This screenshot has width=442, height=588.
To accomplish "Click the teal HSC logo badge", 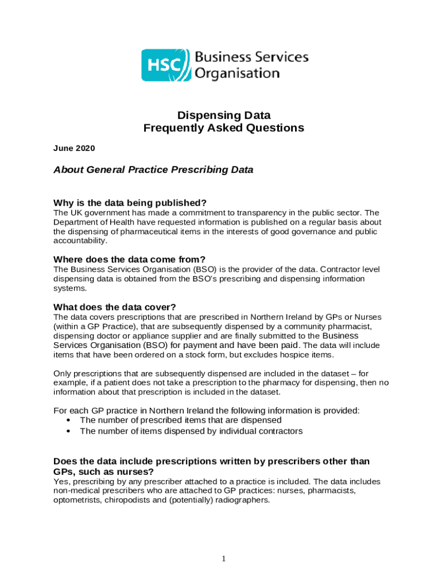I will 165,65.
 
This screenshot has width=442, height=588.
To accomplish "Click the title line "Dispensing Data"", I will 223,115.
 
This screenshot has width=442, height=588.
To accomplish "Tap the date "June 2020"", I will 74,148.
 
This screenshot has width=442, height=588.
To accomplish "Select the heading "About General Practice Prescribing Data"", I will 153,170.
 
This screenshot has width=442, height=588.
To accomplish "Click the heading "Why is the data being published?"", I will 130,203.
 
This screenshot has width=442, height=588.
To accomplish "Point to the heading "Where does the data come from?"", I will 129,259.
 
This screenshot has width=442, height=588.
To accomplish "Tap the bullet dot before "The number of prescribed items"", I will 69,420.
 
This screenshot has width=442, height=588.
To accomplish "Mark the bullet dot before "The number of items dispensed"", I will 69,431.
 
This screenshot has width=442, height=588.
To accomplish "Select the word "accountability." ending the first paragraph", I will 80,241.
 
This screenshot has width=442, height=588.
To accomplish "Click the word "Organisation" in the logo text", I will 237,73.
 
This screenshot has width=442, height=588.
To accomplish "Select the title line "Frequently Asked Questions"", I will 223,128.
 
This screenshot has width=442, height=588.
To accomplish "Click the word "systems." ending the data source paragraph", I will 71,288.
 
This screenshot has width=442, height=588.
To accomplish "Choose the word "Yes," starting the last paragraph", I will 61,482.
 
